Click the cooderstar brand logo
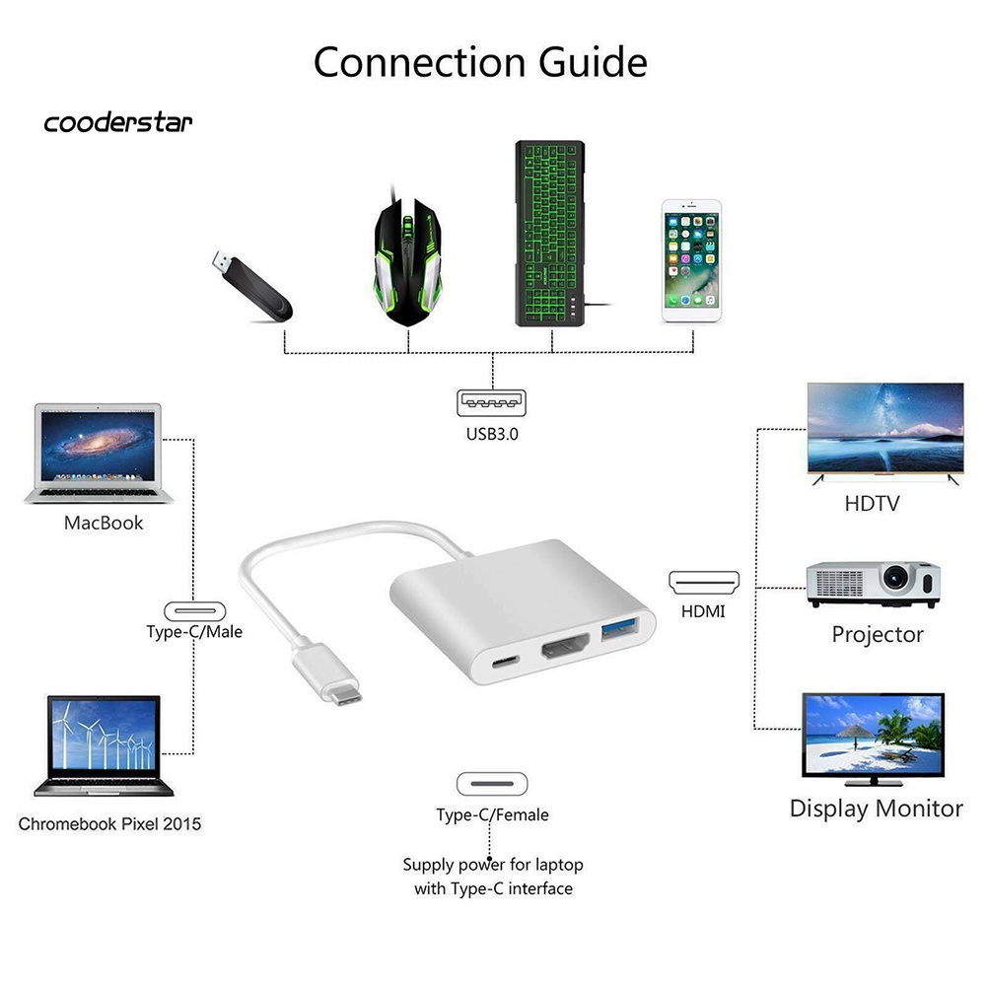tap(118, 123)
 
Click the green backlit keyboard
tap(549, 235)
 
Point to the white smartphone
tap(690, 261)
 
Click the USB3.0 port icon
tap(492, 404)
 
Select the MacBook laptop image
tap(97, 452)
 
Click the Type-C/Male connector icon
tap(194, 609)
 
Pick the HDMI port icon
tap(704, 582)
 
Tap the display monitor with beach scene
tap(874, 739)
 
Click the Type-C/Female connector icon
tap(492, 785)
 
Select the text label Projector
tap(877, 634)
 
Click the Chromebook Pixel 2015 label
tap(109, 823)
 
